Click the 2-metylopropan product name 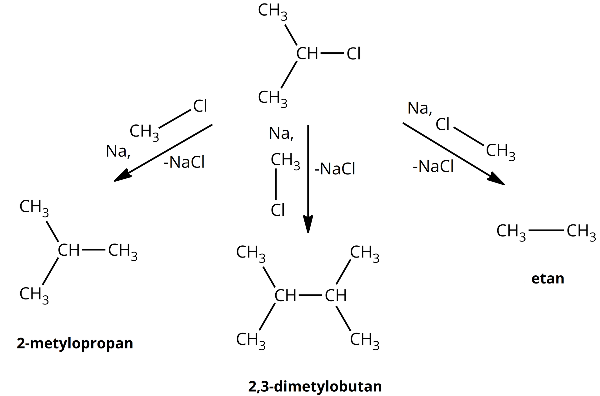tap(75, 343)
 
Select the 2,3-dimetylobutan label tap(315, 387)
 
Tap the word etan tap(547, 279)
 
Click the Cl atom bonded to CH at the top tap(354, 54)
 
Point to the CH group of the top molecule tap(307, 54)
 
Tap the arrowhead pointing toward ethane tap(497, 181)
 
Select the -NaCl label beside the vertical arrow tap(335, 169)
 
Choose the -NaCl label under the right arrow tap(433, 166)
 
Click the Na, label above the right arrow tap(420, 109)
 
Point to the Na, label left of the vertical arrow tap(281, 134)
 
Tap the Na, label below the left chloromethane tap(118, 152)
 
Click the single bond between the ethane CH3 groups tap(546, 231)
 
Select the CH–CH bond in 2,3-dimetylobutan tap(310, 295)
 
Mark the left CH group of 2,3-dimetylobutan tap(285, 296)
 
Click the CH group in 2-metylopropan tap(69, 250)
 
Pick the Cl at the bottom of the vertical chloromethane tap(278, 210)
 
